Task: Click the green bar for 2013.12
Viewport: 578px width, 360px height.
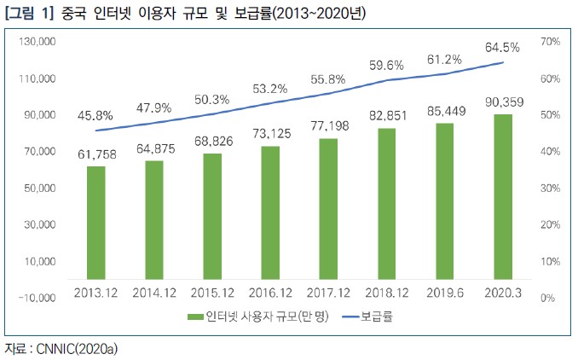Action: point(96,222)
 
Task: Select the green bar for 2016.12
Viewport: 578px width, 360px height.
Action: point(270,212)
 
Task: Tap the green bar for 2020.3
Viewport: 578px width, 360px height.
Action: point(503,196)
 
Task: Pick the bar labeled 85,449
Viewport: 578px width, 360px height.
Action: point(445,200)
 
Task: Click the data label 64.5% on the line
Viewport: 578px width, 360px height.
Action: point(502,48)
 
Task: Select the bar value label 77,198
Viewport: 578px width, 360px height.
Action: point(328,126)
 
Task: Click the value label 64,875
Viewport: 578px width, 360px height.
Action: point(154,149)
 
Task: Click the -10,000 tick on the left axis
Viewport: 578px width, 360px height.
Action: point(37,298)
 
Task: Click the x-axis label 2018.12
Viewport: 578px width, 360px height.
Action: point(386,293)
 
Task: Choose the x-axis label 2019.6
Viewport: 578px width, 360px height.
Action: point(445,293)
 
